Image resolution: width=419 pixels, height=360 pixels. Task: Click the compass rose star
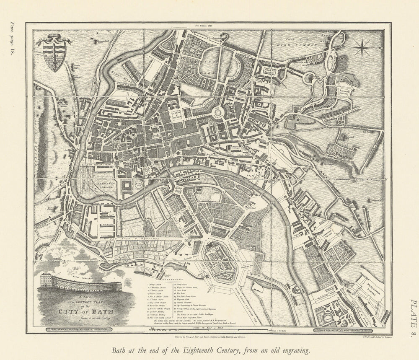point(365,49)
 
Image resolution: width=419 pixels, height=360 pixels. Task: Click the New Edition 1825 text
point(208,26)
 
